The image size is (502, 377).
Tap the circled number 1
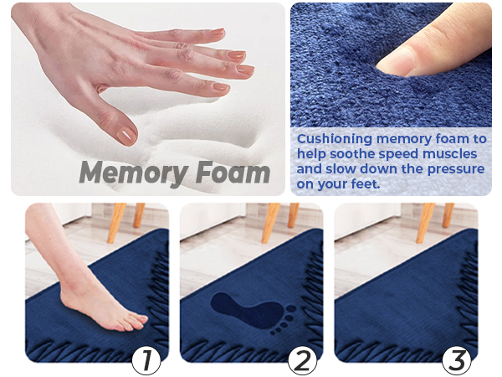(147, 360)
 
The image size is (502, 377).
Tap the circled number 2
(302, 360)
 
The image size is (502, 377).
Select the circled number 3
(457, 360)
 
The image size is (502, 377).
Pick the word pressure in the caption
(455, 169)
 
